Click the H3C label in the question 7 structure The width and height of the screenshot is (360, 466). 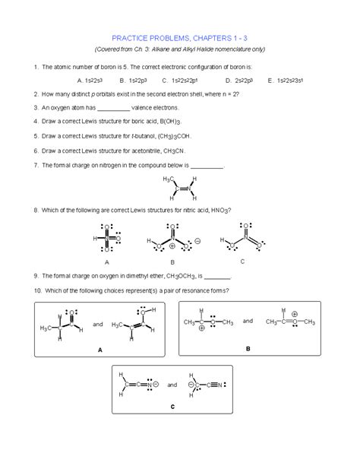pyautogui.click(x=168, y=179)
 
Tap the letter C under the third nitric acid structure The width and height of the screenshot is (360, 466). pyautogui.click(x=242, y=261)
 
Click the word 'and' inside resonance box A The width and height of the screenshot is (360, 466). pyautogui.click(x=97, y=324)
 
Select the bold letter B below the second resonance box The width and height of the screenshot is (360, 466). pyautogui.click(x=248, y=348)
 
